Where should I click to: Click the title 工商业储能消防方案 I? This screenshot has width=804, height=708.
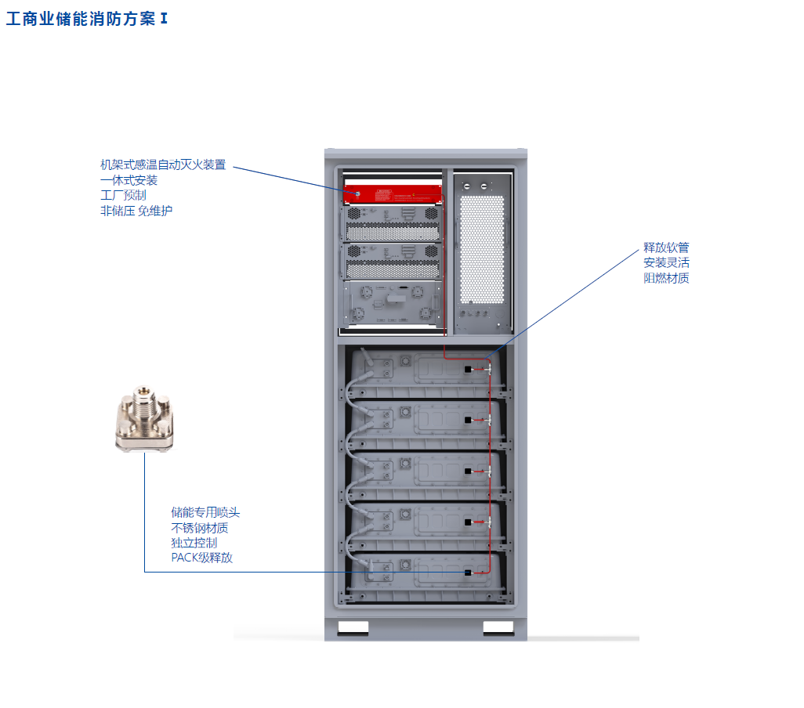(87, 19)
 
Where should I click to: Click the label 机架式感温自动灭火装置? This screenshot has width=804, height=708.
(163, 164)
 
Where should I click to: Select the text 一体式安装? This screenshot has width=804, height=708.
(129, 180)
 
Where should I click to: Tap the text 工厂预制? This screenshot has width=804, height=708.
(123, 195)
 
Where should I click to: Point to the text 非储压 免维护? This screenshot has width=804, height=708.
(136, 211)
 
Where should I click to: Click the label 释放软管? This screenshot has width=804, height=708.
(666, 247)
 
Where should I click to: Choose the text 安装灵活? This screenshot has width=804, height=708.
(666, 263)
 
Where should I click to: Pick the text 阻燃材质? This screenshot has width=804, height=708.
(666, 278)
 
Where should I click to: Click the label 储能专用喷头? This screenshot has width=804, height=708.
(205, 512)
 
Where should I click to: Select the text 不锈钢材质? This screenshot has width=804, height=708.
(200, 528)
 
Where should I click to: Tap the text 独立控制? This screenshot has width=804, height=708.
(194, 543)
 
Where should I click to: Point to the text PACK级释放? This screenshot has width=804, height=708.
(201, 558)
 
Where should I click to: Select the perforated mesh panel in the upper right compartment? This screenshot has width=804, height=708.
(481, 248)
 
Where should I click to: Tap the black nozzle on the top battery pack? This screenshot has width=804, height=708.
(468, 369)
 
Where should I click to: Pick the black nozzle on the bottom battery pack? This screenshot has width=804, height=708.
(468, 573)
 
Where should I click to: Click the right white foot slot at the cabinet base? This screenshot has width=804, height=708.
(498, 627)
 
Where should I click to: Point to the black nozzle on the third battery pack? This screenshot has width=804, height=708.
(468, 471)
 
